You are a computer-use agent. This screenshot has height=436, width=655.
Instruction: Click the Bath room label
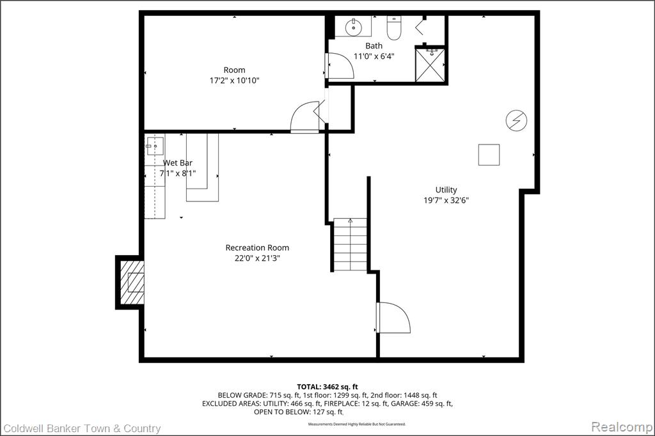374,45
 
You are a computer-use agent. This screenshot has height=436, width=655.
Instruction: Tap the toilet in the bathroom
394,27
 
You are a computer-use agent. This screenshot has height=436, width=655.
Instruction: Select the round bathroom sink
354,27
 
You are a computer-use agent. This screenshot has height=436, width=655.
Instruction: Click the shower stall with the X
430,65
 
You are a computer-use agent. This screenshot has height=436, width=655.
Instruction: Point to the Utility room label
446,190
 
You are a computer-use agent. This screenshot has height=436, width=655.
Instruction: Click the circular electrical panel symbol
516,121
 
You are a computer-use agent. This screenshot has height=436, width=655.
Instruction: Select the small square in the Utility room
489,155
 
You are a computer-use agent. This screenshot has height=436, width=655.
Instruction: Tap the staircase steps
350,245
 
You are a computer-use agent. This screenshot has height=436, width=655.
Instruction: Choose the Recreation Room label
257,247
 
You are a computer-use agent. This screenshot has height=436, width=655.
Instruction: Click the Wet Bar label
178,163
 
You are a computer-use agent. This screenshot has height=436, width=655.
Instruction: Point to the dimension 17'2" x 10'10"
234,80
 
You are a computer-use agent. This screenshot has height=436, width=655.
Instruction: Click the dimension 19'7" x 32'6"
446,200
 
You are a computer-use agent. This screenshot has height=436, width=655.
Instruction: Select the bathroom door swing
340,66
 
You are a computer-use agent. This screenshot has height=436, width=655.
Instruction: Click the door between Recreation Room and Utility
393,317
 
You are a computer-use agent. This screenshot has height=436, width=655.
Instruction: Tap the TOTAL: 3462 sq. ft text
327,387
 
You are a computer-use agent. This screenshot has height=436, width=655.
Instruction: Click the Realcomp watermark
622,427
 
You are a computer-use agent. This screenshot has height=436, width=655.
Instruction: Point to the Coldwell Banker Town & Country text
82,428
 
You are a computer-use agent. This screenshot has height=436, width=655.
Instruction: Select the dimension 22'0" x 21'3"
257,258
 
